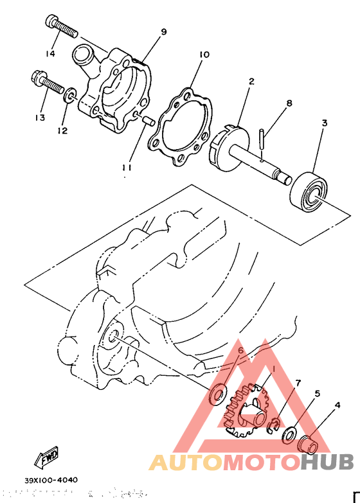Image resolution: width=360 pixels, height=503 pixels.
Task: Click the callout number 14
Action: coord(50,53)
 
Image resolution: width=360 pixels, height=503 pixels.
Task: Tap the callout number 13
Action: coord(40,118)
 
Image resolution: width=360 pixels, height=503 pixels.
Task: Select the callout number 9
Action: coord(163,31)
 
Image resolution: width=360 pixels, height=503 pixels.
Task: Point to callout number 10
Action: coord(204,55)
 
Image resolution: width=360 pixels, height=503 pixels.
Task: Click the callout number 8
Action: coord(289,103)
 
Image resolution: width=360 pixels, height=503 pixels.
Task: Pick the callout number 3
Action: coord(325,122)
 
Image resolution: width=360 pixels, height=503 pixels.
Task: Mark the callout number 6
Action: coord(241,351)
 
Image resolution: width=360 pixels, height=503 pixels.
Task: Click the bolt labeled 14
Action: coord(61,26)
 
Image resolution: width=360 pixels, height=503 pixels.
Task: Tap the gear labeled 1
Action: coord(246,411)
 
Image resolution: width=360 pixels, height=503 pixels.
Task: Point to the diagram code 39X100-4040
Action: coord(51,480)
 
